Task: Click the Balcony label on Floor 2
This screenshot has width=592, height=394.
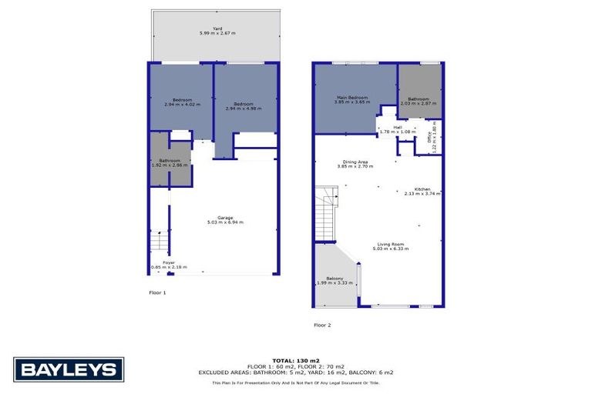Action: click(335, 280)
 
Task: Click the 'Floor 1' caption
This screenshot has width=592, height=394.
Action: click(157, 292)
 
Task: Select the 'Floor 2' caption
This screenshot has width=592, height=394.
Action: click(322, 325)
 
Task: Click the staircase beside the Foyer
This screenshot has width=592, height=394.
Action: click(157, 242)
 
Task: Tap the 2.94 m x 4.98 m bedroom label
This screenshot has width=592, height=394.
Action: click(244, 106)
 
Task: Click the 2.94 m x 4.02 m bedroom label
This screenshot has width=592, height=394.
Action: click(182, 102)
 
